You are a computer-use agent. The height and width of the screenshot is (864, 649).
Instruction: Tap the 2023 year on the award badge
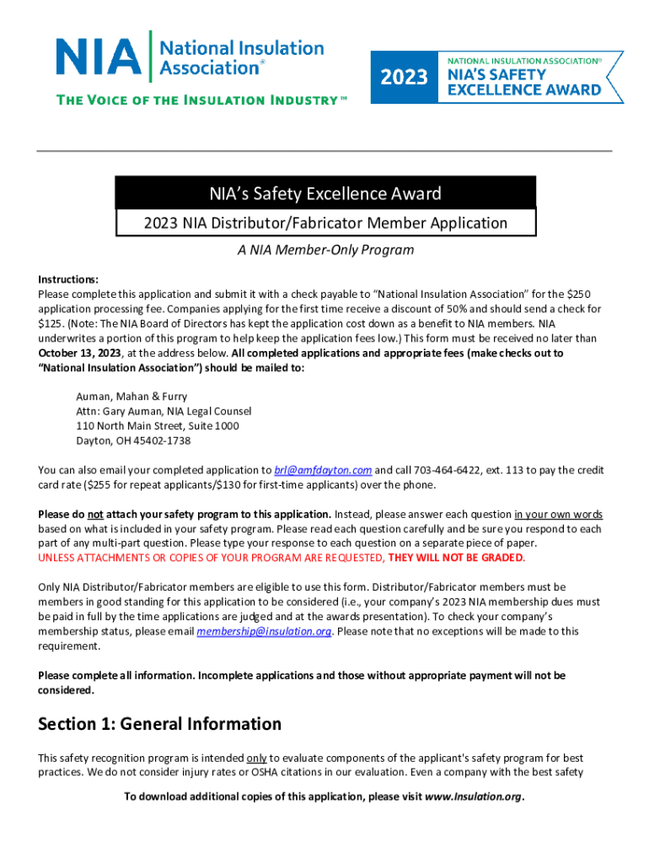point(404,78)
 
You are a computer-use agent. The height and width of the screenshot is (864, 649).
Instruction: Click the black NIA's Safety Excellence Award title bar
point(325,194)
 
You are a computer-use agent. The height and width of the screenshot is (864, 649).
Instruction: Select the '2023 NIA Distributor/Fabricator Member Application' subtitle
point(325,224)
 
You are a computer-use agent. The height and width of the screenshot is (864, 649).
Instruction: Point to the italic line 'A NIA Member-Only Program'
point(324,251)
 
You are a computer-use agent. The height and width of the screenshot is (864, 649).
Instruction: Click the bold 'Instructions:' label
point(68,279)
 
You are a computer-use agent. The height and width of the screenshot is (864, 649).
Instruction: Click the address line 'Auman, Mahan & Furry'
point(131,396)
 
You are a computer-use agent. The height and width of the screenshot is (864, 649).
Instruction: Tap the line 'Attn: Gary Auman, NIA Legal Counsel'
point(164,411)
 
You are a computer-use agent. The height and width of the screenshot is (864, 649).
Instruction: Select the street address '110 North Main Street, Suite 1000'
point(158,426)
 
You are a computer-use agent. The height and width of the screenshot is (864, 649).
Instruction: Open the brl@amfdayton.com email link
point(323,470)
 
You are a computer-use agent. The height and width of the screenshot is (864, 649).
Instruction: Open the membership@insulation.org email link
point(262,631)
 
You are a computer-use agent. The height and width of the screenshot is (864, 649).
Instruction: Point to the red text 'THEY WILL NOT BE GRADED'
point(457,558)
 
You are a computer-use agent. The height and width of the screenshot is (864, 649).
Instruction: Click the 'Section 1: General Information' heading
point(159,724)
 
